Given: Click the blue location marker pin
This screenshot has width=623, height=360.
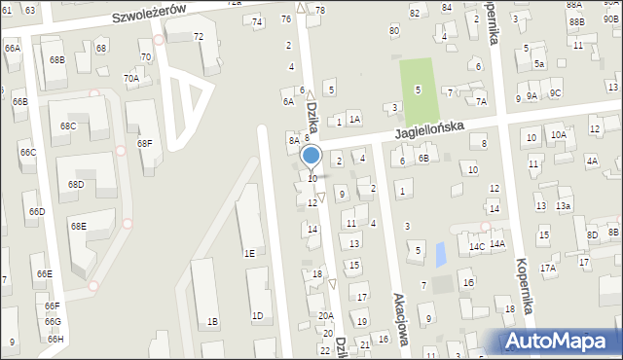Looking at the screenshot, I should click(311, 156).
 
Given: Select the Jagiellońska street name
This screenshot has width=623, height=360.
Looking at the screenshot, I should click(428, 128).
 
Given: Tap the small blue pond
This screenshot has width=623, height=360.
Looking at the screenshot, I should click(440, 254).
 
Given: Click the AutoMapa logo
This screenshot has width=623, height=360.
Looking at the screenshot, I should click(561, 342).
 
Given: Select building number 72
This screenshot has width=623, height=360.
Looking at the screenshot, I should click(199, 37).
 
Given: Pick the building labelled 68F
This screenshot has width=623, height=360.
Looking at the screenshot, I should click(144, 144).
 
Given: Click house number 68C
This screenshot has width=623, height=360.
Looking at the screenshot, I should click(68, 126).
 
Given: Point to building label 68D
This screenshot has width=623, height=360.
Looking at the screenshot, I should click(76, 185).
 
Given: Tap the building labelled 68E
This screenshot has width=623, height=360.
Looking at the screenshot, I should click(78, 227).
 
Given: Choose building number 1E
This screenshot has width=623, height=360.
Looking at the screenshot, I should click(249, 253).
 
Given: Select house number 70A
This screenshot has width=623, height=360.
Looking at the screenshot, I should click(130, 78).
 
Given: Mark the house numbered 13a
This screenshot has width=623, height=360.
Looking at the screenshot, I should click(563, 206).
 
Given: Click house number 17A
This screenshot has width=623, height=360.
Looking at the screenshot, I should click(548, 268).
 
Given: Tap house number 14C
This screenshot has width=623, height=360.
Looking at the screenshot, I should click(476, 246).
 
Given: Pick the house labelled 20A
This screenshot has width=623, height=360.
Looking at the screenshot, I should click(326, 315).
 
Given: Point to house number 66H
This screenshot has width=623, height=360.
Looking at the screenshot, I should click(55, 340).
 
